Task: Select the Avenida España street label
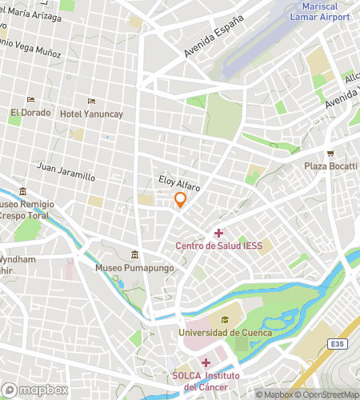click(x=213, y=42)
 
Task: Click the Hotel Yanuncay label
click(x=91, y=114)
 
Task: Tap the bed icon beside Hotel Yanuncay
click(x=91, y=101)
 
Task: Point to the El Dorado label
click(x=30, y=114)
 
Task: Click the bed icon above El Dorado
click(x=30, y=100)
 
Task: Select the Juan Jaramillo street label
click(x=66, y=173)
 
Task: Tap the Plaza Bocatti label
click(x=330, y=166)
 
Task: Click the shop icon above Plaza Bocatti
click(x=330, y=154)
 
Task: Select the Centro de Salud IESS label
click(x=218, y=246)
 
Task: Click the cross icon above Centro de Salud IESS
click(x=218, y=233)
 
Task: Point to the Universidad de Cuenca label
click(x=225, y=333)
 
